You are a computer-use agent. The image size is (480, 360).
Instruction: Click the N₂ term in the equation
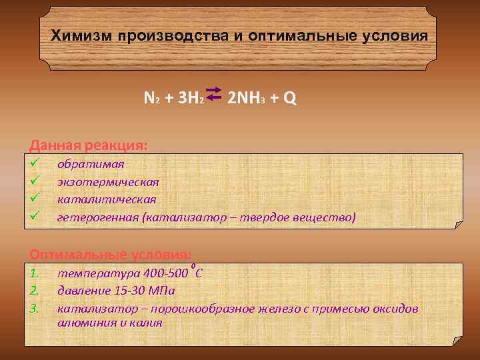point(151,99)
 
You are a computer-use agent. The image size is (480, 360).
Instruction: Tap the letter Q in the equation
point(289,99)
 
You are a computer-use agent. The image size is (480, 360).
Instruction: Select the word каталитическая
point(107,199)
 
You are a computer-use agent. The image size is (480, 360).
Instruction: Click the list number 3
point(36,309)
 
